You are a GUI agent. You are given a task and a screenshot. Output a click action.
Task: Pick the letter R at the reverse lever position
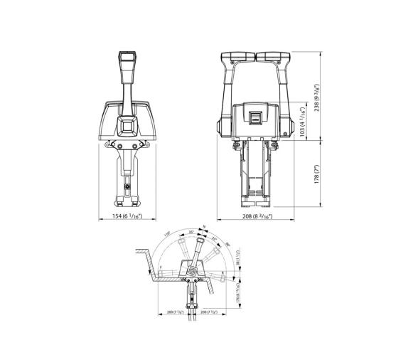click(223, 271)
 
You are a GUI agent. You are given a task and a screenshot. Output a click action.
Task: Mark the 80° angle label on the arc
click(227, 245)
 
